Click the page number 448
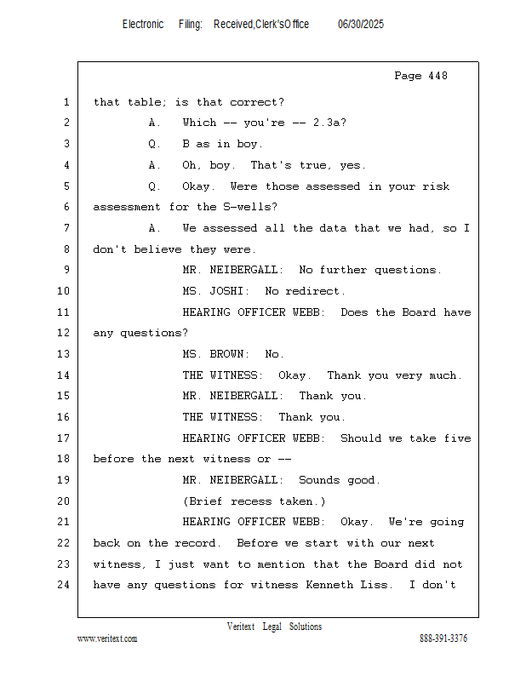click(x=437, y=76)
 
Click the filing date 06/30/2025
click(x=361, y=25)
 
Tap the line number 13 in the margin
click(x=64, y=354)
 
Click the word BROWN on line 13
click(x=226, y=354)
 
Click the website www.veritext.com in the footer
click(x=107, y=639)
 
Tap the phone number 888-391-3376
click(x=443, y=638)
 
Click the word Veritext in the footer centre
click(x=241, y=627)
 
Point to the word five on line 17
click(x=457, y=438)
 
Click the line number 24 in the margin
click(x=64, y=585)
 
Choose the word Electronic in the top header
click(x=143, y=25)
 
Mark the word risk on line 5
click(x=436, y=186)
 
